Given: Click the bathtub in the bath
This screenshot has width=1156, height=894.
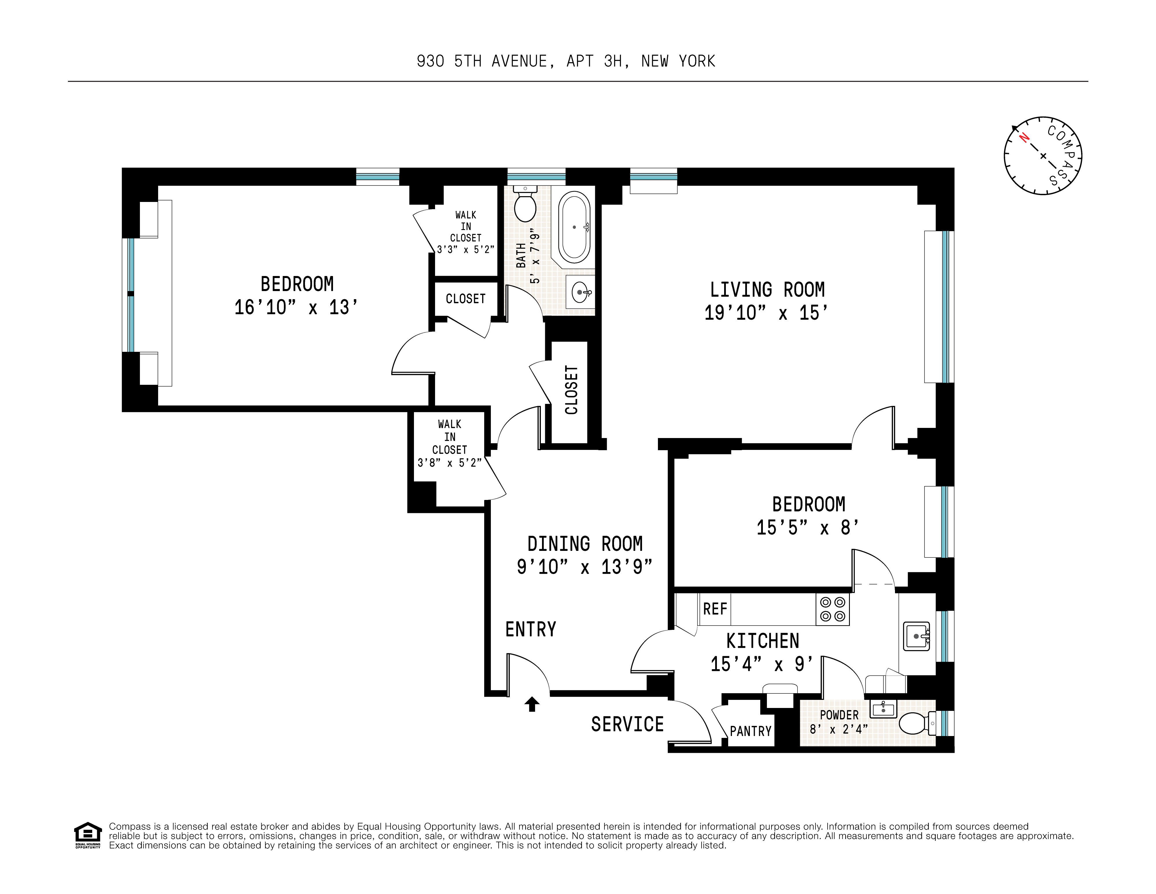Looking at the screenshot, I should click(x=574, y=228).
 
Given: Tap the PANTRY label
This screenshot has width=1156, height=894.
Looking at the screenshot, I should click(x=750, y=731).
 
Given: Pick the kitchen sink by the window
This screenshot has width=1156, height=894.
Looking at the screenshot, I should click(x=917, y=636).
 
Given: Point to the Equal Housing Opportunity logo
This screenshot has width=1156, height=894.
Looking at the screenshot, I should click(x=87, y=835).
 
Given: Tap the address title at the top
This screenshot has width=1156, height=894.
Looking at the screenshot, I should click(x=565, y=61).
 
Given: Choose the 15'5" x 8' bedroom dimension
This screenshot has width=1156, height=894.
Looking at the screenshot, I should click(x=808, y=527).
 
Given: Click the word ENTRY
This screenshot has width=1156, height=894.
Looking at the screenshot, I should click(x=530, y=629).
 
